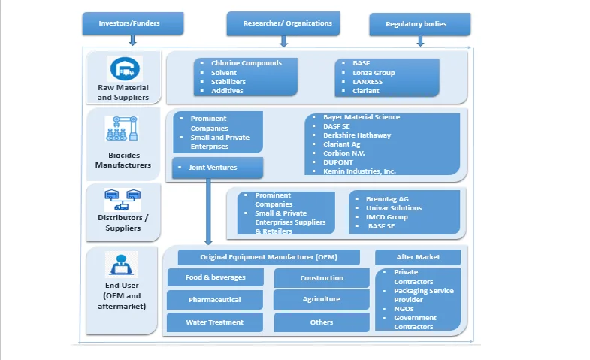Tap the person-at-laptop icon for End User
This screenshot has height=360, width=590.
pyautogui.click(x=122, y=264)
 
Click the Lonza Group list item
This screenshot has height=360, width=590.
pyautogui.click(x=374, y=73)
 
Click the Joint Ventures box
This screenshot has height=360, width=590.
pyautogui.click(x=217, y=168)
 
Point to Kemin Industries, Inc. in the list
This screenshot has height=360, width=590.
pyautogui.click(x=359, y=171)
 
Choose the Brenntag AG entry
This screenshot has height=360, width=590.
pyautogui.click(x=388, y=199)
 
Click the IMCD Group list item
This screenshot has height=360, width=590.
pyautogui.click(x=387, y=217)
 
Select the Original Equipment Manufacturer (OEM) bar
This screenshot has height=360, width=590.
pyautogui.click(x=268, y=257)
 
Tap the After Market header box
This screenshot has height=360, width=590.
pyautogui.click(x=418, y=257)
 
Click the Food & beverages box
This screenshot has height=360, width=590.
pyautogui.click(x=215, y=277)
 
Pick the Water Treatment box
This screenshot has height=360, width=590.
pyautogui.click(x=215, y=322)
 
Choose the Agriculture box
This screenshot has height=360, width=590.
pyautogui.click(x=322, y=299)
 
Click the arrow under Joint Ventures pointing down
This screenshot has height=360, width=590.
pyautogui.click(x=207, y=225)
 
